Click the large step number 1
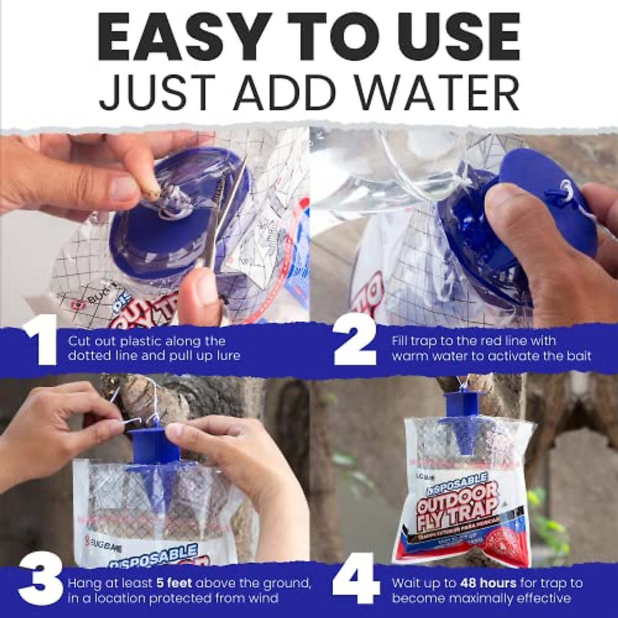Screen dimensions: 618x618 pyautogui.click(x=40, y=340)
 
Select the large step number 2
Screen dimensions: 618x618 pyautogui.click(x=355, y=340)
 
